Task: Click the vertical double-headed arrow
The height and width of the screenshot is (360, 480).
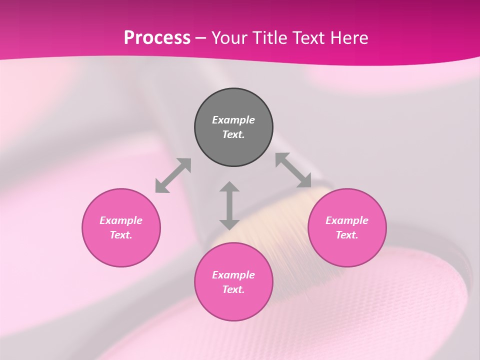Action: [229, 205]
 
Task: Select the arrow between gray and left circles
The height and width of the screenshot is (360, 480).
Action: [173, 175]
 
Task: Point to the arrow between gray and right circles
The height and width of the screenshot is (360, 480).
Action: [293, 170]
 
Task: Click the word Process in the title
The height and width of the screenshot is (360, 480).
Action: [157, 37]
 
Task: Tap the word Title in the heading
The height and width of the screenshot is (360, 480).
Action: [270, 37]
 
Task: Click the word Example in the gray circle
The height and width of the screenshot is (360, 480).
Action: [233, 120]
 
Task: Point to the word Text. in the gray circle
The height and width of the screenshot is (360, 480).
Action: [233, 134]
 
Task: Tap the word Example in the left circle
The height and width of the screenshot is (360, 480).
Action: [121, 220]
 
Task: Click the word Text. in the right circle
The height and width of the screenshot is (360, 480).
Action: [347, 235]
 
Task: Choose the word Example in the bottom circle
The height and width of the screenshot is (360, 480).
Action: [233, 275]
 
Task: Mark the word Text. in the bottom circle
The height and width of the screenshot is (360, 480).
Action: [233, 289]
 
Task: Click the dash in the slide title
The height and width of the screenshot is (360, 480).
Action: [201, 38]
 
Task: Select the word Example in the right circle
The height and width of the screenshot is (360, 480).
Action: [347, 220]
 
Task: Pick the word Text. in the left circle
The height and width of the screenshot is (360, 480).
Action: [121, 235]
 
